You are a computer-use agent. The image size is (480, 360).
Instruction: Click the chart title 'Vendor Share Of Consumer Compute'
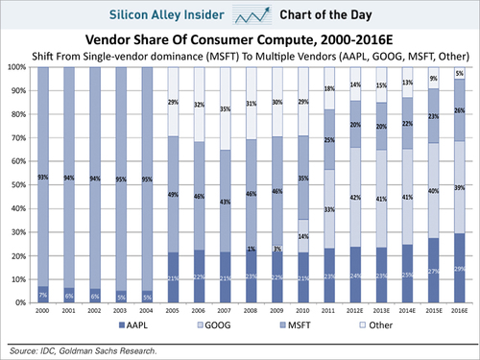(240, 41)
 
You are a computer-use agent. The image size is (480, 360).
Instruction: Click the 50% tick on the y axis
(18, 185)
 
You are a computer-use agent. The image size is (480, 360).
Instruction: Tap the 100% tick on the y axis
(16, 68)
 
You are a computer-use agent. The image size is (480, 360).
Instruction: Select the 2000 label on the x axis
(42, 311)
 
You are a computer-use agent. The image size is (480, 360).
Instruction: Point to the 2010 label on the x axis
(302, 311)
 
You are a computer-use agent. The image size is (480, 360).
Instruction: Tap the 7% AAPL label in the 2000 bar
(43, 295)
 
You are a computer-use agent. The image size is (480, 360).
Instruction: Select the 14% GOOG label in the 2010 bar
(302, 236)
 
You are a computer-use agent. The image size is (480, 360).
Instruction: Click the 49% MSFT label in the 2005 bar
(173, 195)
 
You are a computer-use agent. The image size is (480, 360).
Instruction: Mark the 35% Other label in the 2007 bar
(225, 109)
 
